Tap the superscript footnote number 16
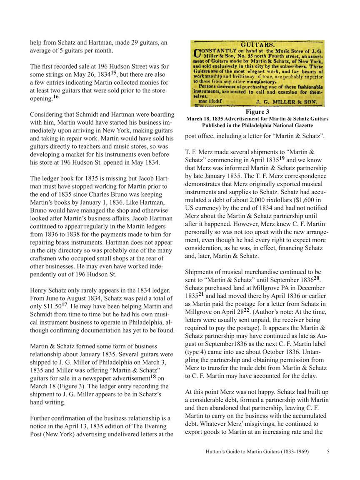coord(56,97)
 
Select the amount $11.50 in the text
coord(52,307)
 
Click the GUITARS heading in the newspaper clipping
coord(257,44)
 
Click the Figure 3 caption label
coord(257,112)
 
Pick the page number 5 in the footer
coord(328,452)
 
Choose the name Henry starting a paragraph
coord(39,290)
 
